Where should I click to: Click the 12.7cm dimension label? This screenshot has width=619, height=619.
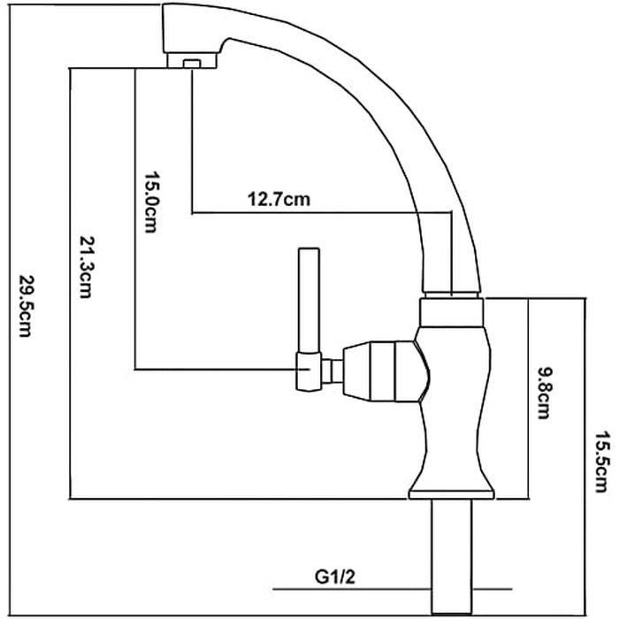pyautogui.click(x=279, y=199)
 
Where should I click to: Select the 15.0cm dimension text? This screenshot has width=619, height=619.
pyautogui.click(x=151, y=203)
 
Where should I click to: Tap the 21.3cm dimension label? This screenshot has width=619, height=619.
pyautogui.click(x=87, y=267)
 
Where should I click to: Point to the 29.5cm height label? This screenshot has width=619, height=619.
pyautogui.click(x=26, y=306)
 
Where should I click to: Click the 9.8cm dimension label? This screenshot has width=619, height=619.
pyautogui.click(x=546, y=393)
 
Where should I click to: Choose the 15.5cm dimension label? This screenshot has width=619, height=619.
pyautogui.click(x=602, y=462)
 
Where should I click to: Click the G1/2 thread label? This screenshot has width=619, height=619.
pyautogui.click(x=335, y=577)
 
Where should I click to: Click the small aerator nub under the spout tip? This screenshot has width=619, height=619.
pyautogui.click(x=192, y=64)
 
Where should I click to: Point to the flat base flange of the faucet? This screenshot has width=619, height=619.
pyautogui.click(x=452, y=494)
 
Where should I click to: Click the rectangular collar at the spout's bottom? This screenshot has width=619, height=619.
pyautogui.click(x=452, y=313)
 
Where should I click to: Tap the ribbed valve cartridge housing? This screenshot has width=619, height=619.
pyautogui.click(x=381, y=372)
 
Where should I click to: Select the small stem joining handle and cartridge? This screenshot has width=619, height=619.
pyautogui.click(x=332, y=371)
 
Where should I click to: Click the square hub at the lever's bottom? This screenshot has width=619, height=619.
pyautogui.click(x=309, y=371)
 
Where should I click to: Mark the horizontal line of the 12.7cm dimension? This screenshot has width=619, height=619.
pyautogui.click(x=321, y=213)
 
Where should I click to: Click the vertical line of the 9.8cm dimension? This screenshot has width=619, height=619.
pyautogui.click(x=528, y=399)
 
